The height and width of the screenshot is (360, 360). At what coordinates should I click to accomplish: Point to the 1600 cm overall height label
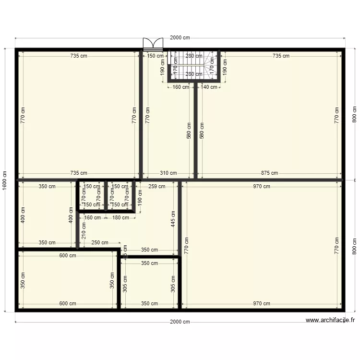tap(4, 180)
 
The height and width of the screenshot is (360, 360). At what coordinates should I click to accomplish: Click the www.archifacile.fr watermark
tap(330, 320)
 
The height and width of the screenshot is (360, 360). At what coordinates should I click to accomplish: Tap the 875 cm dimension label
tap(269, 173)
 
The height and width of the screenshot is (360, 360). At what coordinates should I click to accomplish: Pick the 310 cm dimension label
tap(168, 173)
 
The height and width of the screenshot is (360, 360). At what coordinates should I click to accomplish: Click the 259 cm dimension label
tap(156, 186)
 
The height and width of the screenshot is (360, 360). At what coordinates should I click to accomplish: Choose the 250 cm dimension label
tap(99, 243)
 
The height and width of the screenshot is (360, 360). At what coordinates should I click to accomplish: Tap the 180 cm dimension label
tap(120, 217)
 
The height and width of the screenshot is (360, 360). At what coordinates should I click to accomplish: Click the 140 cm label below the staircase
tap(209, 87)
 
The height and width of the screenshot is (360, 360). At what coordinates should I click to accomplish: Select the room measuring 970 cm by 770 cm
tap(262, 245)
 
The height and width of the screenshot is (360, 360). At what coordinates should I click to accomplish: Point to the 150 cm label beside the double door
tap(155, 56)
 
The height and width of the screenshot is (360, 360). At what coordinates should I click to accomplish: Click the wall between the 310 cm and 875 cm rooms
tap(196, 130)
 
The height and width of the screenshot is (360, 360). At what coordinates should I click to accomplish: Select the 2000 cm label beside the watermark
tap(180, 322)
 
